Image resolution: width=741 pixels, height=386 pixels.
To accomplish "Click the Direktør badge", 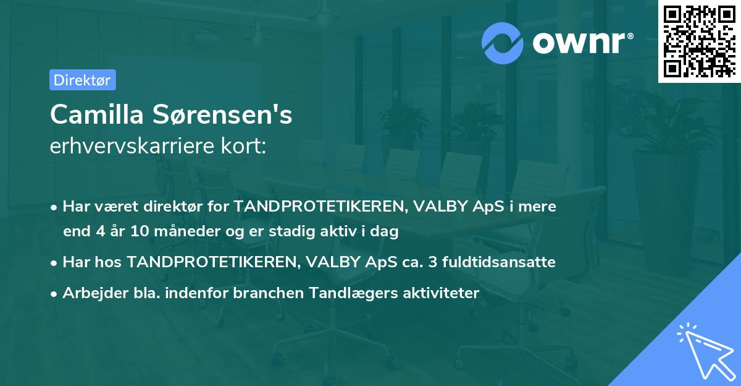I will [x=83, y=80].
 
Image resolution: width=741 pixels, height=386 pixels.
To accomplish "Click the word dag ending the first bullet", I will [x=387, y=232].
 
